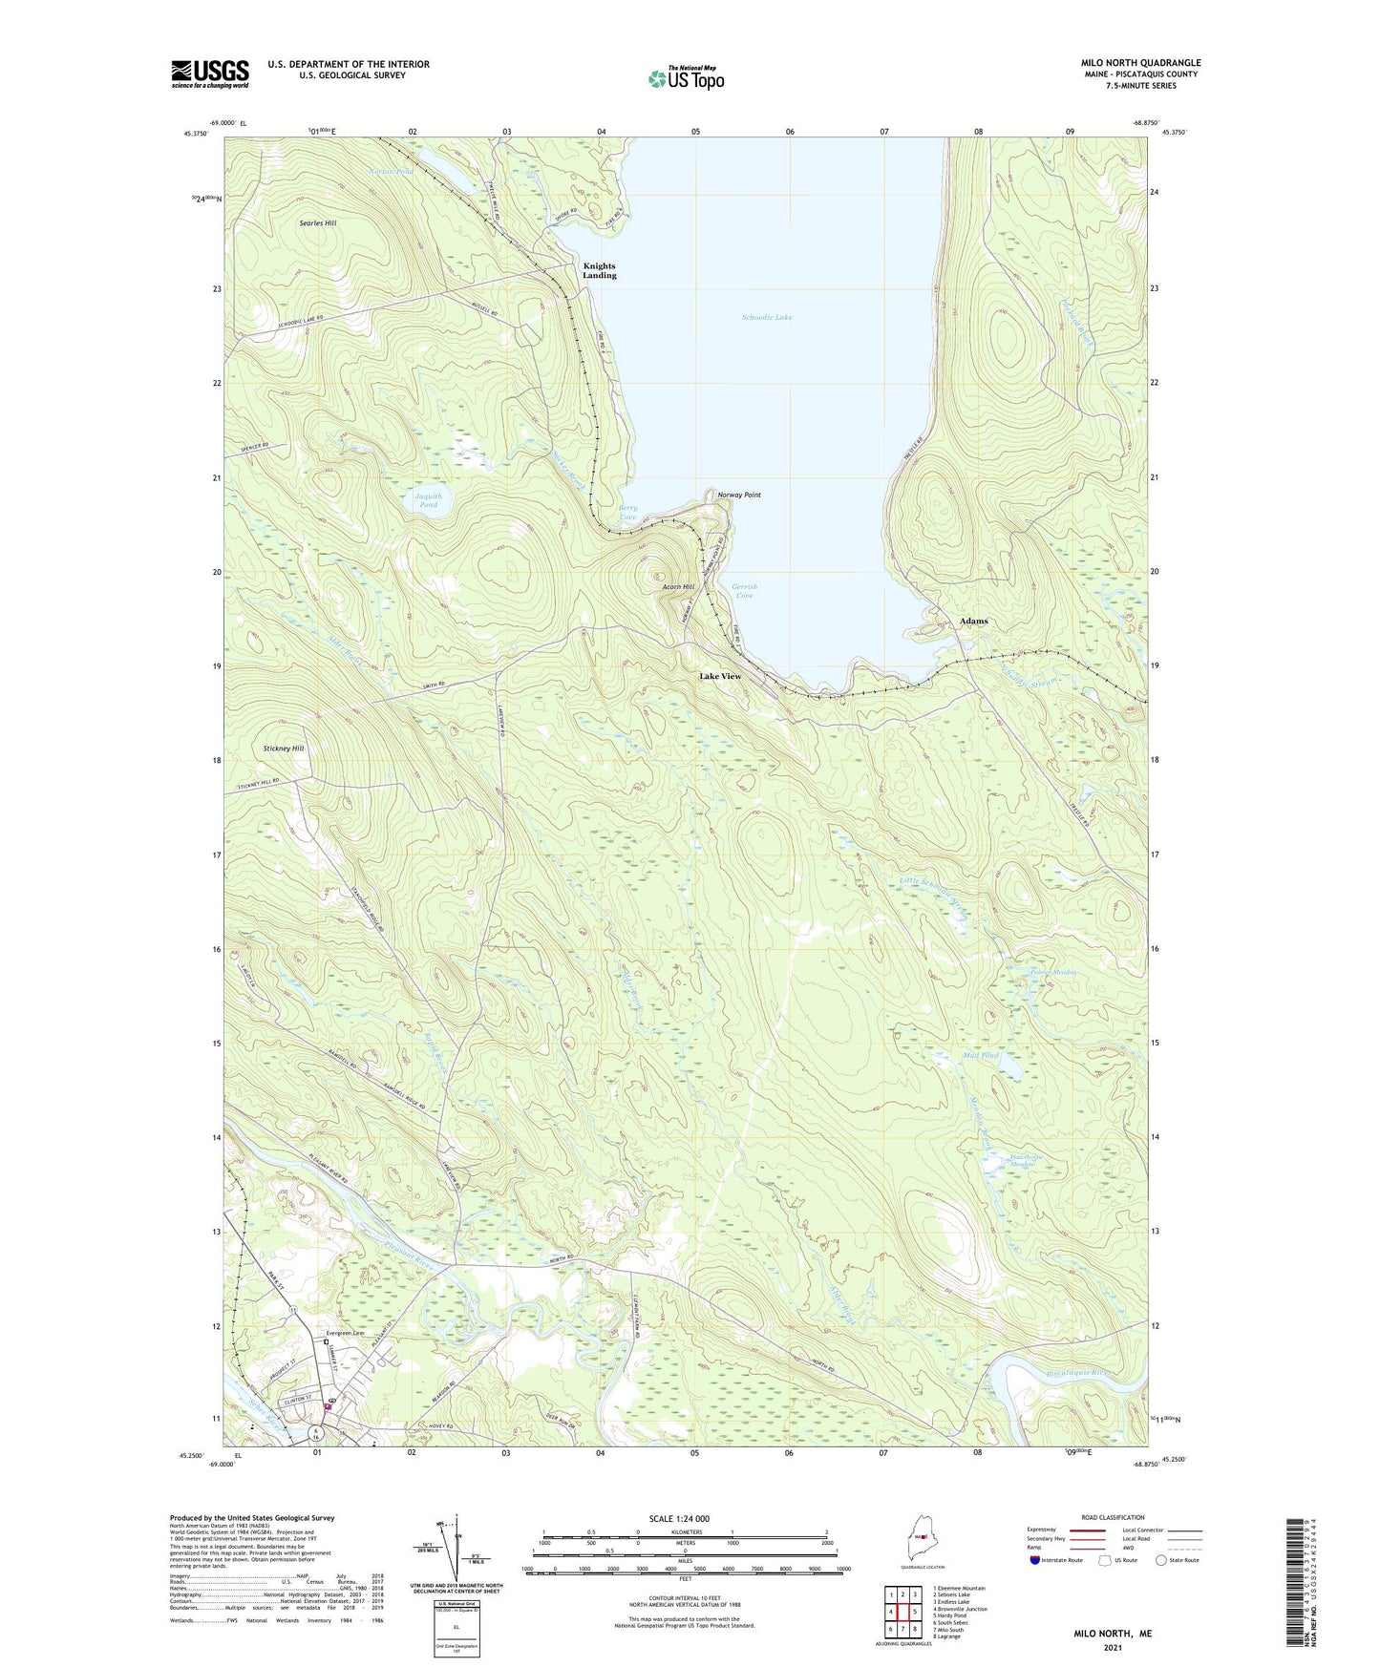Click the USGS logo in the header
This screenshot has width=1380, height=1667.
(x=210, y=74)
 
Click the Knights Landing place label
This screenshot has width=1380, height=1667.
(x=600, y=270)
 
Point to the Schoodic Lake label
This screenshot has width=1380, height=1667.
(x=767, y=317)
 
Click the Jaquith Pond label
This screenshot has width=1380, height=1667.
(x=429, y=500)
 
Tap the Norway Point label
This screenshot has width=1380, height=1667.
(x=739, y=495)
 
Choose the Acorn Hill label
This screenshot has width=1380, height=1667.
(x=678, y=587)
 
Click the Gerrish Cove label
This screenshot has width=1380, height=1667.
(x=744, y=591)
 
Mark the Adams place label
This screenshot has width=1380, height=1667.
(x=973, y=621)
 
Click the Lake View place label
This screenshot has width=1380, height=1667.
(x=720, y=676)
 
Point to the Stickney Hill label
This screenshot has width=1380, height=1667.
(x=284, y=749)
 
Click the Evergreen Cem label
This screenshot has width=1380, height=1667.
(x=347, y=1334)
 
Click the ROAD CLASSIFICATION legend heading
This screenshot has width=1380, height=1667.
(x=1113, y=1517)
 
